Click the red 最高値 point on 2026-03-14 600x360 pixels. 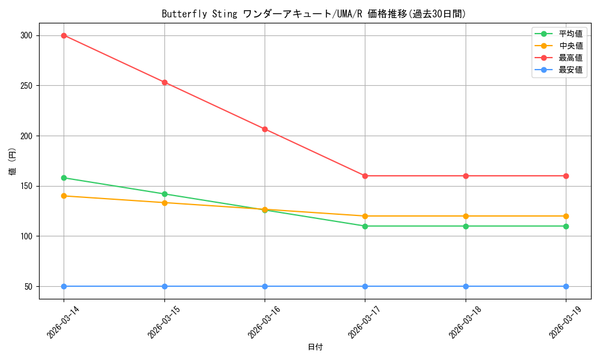tap(64, 35)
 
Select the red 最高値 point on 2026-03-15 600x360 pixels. tap(164, 82)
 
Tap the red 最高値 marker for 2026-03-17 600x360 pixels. tap(365, 176)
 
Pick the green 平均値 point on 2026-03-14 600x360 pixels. tap(64, 178)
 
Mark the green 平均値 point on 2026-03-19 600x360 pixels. tap(566, 226)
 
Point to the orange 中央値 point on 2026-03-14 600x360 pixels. tap(64, 196)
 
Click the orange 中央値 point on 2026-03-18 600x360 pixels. tap(466, 216)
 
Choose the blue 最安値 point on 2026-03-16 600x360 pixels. tap(265, 286)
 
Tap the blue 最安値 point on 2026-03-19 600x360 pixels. tap(566, 286)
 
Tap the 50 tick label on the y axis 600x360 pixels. tap(28, 286)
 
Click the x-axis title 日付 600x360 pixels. tap(315, 347)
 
